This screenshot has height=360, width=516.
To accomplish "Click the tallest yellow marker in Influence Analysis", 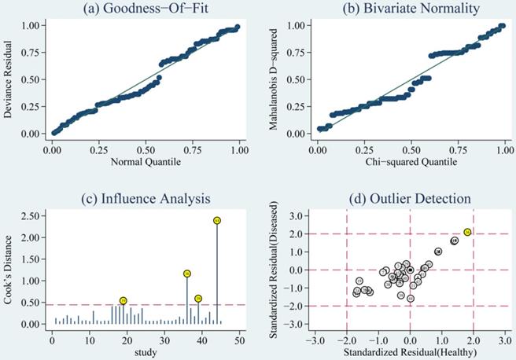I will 216,220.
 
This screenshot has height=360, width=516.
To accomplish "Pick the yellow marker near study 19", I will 123,300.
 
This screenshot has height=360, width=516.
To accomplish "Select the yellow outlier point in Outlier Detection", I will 467,232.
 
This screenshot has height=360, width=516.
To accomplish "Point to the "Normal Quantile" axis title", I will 146,161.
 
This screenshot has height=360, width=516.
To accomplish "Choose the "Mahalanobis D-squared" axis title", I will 273,79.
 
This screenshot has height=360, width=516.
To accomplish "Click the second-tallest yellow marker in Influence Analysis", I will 187,274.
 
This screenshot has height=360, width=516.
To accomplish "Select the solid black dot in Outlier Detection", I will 410,270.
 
